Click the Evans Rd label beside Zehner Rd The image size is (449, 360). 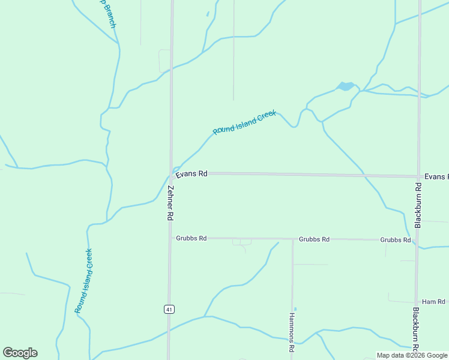(x=191, y=173)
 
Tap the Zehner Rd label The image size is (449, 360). (x=170, y=202)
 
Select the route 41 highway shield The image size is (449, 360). (x=169, y=309)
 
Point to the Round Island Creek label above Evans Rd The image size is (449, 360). (x=244, y=122)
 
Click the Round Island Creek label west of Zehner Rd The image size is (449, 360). (x=83, y=281)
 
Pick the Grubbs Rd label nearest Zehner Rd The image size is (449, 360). (x=191, y=238)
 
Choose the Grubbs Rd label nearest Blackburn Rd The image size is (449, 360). (x=396, y=239)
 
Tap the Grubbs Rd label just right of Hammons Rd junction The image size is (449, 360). (x=314, y=239)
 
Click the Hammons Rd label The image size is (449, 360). (x=292, y=332)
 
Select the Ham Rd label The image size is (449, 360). (x=433, y=301)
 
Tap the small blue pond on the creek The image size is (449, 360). (x=345, y=86)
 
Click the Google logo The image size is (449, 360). (x=20, y=353)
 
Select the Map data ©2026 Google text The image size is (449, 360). (x=412, y=355)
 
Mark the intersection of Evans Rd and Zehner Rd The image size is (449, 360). (x=170, y=174)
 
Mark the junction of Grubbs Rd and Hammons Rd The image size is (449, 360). (x=292, y=239)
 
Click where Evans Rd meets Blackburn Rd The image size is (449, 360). (x=418, y=176)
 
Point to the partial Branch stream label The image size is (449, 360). (x=108, y=13)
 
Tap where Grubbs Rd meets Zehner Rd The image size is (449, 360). (x=170, y=238)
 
